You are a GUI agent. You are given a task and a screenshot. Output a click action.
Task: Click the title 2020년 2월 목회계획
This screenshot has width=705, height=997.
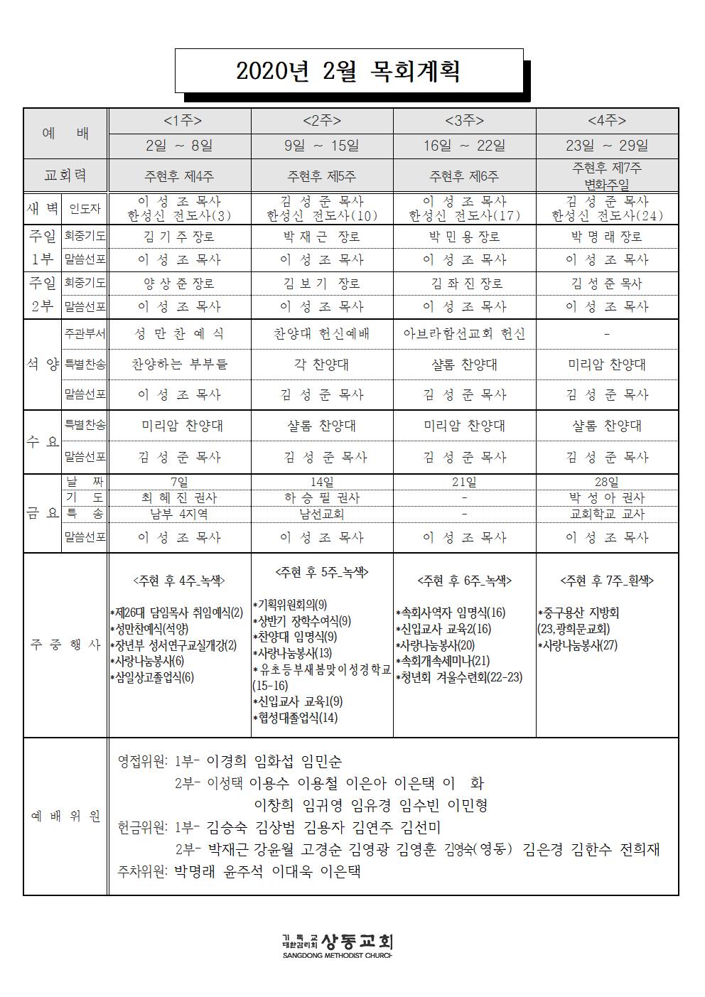click(348, 71)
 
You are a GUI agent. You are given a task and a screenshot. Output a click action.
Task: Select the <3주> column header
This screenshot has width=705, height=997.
click(464, 121)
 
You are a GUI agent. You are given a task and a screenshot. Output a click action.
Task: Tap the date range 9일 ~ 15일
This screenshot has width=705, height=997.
click(321, 146)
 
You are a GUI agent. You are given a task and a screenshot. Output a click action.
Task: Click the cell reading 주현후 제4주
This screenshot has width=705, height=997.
click(179, 176)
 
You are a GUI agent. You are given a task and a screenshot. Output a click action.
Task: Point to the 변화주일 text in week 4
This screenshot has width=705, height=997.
click(606, 183)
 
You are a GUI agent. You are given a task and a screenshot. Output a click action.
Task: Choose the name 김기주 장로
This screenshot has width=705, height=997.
click(179, 237)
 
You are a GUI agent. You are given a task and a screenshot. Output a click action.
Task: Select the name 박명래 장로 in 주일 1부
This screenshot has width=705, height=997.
click(606, 237)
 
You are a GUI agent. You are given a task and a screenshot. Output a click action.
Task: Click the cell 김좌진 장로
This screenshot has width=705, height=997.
click(464, 284)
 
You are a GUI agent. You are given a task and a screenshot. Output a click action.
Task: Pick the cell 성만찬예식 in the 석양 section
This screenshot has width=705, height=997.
click(179, 334)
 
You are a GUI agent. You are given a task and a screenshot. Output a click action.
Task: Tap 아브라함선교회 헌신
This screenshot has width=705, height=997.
click(464, 334)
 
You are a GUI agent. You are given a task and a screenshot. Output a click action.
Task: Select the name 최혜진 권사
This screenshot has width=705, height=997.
click(179, 498)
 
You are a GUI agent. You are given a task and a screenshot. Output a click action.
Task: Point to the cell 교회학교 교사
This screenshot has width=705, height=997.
click(606, 514)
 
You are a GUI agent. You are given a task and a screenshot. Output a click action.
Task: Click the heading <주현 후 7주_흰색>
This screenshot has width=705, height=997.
click(606, 581)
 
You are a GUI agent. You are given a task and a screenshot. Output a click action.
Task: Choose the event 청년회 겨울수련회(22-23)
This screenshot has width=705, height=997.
click(460, 677)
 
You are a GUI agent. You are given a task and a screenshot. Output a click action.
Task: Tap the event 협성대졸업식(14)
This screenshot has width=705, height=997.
click(296, 718)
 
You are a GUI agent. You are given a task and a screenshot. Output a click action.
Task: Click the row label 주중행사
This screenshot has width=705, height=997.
click(65, 645)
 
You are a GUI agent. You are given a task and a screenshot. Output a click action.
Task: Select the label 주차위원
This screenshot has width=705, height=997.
click(142, 871)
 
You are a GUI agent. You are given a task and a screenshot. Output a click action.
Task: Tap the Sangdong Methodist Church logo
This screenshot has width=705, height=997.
click(338, 944)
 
